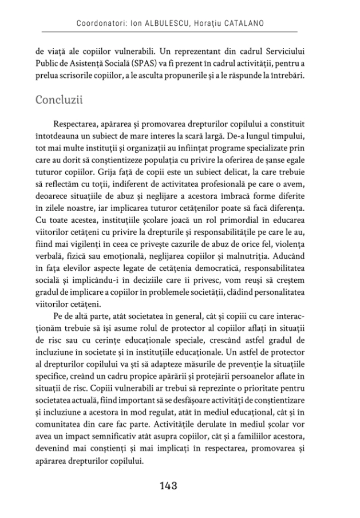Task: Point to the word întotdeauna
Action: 52,136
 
